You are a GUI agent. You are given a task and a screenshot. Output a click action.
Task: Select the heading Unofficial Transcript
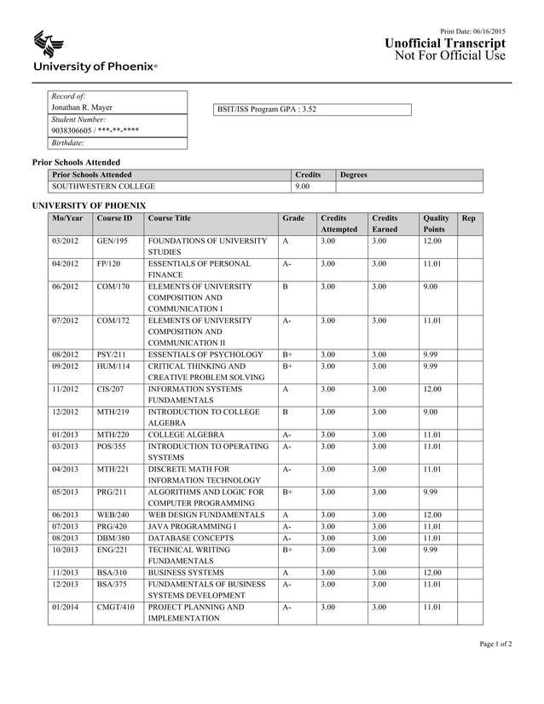pos(445,43)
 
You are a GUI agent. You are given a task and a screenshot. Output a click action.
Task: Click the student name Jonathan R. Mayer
pos(82,108)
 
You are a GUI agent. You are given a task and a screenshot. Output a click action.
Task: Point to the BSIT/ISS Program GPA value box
pos(312,109)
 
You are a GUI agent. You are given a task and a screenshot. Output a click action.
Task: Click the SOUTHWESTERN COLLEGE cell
pos(103,186)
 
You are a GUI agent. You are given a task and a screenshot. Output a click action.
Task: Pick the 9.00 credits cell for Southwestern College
pos(302,186)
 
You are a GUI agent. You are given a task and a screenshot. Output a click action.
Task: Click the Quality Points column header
pos(436,224)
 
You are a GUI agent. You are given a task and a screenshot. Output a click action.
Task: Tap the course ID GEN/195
pos(112,241)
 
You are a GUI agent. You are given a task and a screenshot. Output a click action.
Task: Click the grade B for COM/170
pos(285,286)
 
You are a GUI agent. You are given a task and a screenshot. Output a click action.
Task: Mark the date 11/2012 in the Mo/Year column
pos(66,389)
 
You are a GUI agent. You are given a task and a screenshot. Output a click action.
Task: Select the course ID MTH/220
pos(112,434)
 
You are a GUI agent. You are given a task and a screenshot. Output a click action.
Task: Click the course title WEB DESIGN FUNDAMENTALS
pos(205,515)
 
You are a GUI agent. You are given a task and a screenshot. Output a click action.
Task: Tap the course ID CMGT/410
pos(115,607)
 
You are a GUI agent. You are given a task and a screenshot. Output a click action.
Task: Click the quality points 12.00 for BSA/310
pos(432,573)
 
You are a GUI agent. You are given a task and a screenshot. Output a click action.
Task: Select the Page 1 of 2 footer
pos(495,667)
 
